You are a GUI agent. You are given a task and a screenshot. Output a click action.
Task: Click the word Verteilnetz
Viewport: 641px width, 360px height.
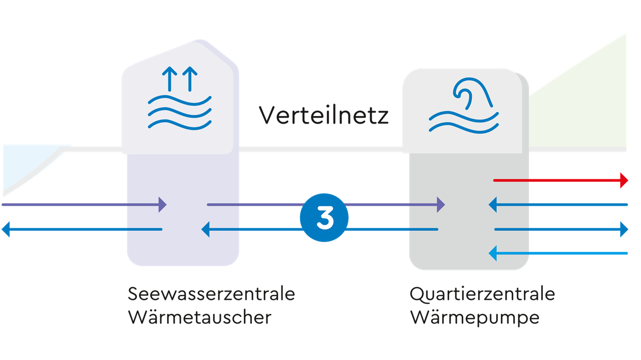click(x=324, y=116)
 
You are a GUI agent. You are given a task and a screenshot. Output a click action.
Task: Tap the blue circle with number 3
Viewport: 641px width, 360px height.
click(x=324, y=218)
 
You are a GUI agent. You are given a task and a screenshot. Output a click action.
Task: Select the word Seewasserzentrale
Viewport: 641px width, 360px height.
click(x=211, y=294)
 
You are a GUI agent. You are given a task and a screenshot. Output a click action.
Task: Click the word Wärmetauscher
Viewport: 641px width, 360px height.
click(x=200, y=317)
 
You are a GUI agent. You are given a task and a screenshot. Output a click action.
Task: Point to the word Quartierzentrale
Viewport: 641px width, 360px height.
click(x=482, y=294)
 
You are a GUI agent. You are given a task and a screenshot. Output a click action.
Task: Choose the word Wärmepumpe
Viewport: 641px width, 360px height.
click(x=475, y=317)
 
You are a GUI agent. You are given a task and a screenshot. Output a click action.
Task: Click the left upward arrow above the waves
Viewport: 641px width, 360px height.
click(x=170, y=79)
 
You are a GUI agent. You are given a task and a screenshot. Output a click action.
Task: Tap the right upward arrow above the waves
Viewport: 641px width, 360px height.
click(x=190, y=79)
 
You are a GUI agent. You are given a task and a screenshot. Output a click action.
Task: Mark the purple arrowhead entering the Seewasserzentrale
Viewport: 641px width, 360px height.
click(x=162, y=204)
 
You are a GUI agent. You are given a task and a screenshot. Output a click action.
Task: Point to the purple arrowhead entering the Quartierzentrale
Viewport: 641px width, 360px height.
click(x=440, y=204)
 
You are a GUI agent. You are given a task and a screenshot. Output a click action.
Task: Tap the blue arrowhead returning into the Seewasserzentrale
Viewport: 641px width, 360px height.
click(x=205, y=230)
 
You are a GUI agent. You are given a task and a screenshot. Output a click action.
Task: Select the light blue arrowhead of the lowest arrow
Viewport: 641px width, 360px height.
click(x=493, y=253)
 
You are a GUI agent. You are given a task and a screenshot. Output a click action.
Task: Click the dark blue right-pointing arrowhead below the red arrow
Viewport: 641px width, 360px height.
click(x=624, y=229)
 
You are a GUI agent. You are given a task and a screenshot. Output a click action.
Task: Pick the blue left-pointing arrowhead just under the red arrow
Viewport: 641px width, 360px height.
click(x=493, y=204)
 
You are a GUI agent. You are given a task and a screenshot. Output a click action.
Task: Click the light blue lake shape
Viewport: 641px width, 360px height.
click(x=25, y=163)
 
